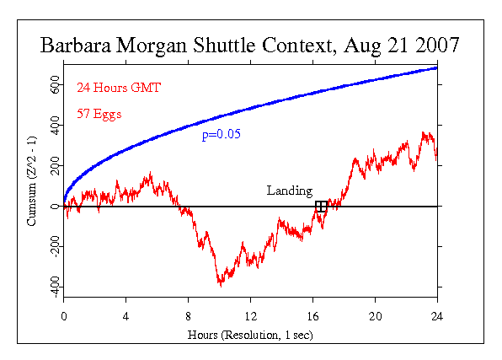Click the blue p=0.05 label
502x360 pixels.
[221, 135]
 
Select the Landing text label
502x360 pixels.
[289, 191]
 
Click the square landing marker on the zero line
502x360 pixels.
[321, 207]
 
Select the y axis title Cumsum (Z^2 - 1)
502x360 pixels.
[30, 185]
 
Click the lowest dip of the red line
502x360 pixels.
[221, 285]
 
